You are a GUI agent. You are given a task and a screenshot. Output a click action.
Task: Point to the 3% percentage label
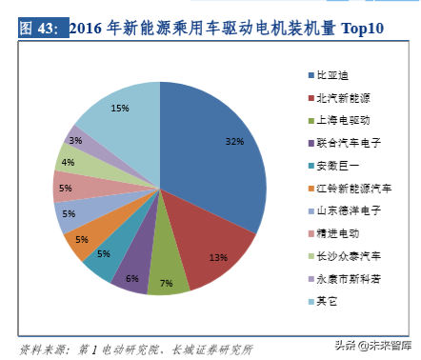click(76, 140)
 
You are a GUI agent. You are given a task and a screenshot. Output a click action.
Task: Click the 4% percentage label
click(68, 162)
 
